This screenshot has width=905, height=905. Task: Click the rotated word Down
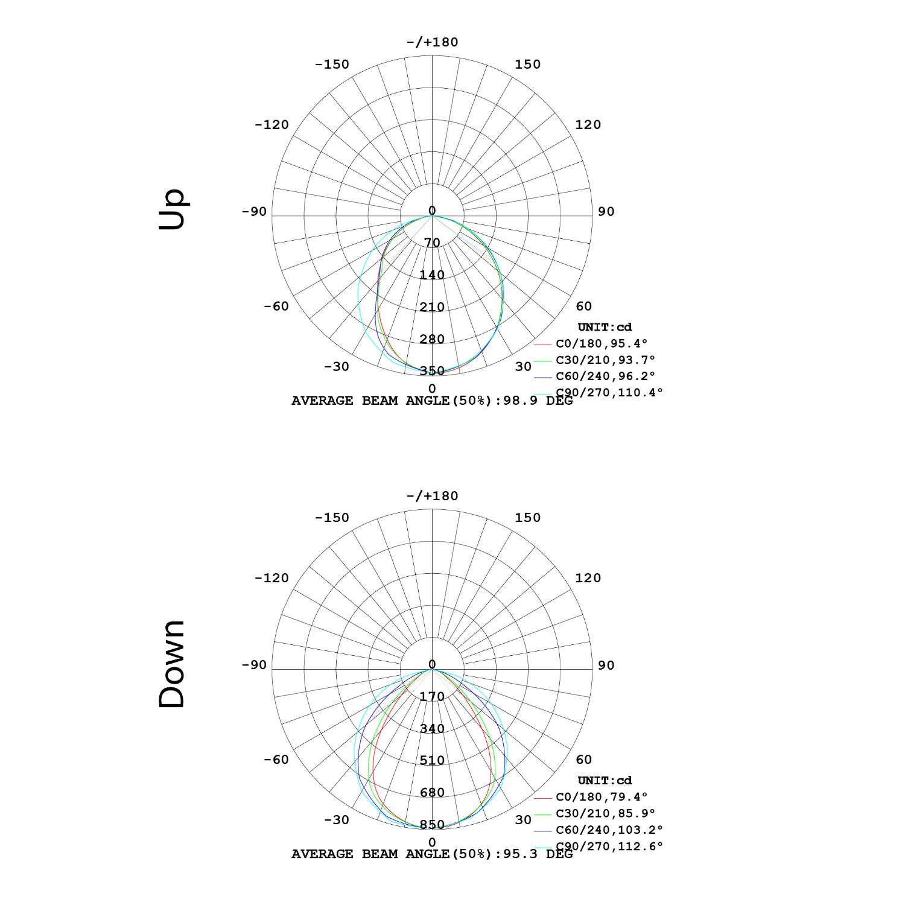click(x=172, y=664)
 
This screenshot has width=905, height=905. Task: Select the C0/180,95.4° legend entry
click(x=602, y=343)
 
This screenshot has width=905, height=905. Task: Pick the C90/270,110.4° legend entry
click(x=609, y=392)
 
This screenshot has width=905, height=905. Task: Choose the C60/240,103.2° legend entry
click(x=609, y=830)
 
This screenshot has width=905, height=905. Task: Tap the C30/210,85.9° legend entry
click(x=605, y=813)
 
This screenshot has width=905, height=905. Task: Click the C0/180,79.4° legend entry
click(x=602, y=797)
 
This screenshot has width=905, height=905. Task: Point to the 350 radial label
click(x=432, y=371)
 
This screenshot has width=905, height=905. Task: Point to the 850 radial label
click(x=432, y=825)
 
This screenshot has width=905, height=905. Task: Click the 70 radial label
click(x=432, y=243)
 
